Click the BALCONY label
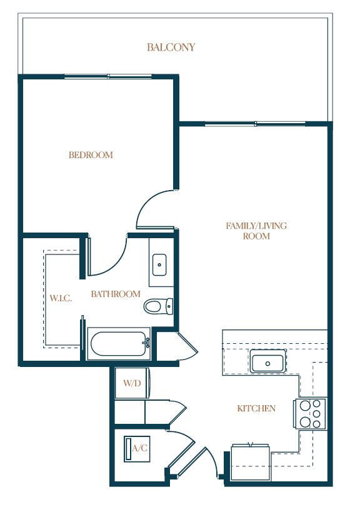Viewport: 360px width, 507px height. [171, 48]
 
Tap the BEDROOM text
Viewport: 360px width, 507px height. [91, 155]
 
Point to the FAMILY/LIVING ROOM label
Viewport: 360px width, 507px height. [256, 231]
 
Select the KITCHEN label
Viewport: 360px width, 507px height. [256, 408]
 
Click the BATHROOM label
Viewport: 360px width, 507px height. [116, 294]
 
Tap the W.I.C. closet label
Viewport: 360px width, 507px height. [61, 298]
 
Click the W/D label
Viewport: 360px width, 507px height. [132, 383]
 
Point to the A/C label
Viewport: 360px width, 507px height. [140, 448]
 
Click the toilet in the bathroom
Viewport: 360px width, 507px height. [158, 306]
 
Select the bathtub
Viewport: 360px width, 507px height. [119, 344]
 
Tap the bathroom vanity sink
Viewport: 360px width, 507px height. [159, 264]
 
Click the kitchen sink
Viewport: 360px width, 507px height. [267, 363]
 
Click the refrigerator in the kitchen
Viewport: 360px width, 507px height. [251, 463]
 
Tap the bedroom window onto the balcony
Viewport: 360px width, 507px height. [108, 77]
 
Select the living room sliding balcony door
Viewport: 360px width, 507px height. [255, 124]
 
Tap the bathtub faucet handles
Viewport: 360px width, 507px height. [147, 343]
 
